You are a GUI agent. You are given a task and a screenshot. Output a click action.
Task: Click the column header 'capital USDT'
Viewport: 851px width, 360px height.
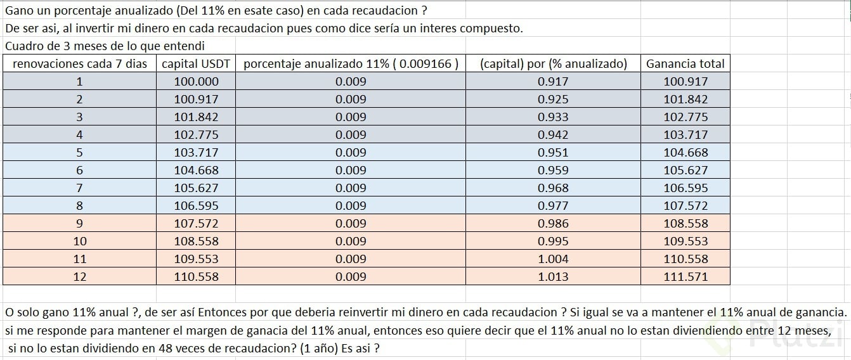(x=196, y=63)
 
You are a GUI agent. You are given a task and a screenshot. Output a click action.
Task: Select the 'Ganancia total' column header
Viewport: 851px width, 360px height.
(x=685, y=63)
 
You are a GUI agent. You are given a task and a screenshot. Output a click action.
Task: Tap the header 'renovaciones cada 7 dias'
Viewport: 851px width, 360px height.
(x=80, y=63)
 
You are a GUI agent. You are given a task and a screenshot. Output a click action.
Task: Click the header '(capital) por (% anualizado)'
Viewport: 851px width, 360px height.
(x=553, y=63)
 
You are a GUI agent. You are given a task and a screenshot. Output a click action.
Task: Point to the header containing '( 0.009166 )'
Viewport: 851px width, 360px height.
(x=351, y=63)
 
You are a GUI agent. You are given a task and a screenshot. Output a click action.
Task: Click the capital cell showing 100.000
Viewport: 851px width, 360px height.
(x=196, y=81)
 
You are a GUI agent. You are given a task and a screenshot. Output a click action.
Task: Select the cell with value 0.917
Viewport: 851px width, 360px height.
(x=553, y=81)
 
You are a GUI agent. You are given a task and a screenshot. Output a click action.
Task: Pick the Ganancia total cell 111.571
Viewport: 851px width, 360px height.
(x=685, y=276)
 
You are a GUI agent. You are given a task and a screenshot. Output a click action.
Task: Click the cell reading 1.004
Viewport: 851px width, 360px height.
(x=553, y=259)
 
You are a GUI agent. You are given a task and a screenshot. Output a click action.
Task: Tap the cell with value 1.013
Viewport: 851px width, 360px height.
(x=553, y=276)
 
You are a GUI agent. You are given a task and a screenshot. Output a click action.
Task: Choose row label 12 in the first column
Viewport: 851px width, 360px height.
(x=80, y=276)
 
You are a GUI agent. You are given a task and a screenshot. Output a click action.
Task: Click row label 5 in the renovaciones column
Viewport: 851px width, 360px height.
(x=80, y=152)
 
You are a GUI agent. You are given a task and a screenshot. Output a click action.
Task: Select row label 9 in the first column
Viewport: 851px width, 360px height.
(x=80, y=223)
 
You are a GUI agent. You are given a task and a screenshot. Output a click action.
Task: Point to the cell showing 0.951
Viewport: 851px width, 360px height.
(x=553, y=152)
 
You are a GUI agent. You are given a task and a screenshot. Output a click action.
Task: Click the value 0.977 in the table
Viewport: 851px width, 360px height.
(x=553, y=205)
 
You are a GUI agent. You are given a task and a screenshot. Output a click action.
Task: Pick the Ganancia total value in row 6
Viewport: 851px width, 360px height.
(x=685, y=170)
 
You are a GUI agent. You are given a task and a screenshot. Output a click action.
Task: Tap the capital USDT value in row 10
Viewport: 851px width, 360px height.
(x=196, y=241)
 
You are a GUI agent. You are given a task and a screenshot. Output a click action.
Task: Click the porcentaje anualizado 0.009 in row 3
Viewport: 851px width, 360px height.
(x=351, y=117)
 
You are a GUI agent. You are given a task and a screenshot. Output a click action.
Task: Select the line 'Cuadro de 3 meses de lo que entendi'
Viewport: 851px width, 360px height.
(x=105, y=46)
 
